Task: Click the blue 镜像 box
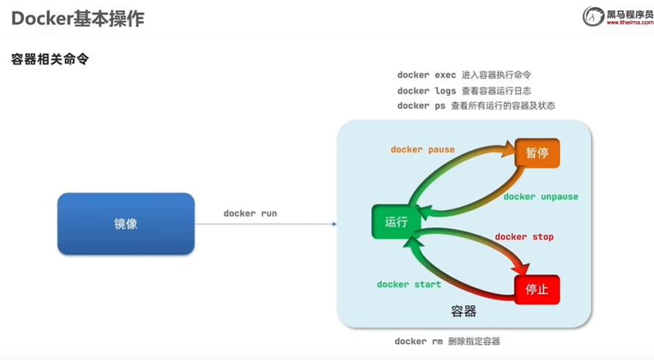(x=126, y=224)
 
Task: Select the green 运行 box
(x=396, y=222)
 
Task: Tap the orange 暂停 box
(x=537, y=153)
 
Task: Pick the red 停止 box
(x=537, y=290)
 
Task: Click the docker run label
(x=250, y=214)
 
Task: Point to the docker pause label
(x=422, y=149)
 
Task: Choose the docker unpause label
(x=541, y=197)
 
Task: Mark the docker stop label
(x=524, y=237)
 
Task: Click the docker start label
(x=409, y=284)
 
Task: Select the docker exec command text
(x=426, y=75)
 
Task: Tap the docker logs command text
(x=426, y=91)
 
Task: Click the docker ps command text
(x=421, y=106)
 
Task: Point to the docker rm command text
(x=418, y=342)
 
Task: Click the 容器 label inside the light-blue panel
(x=464, y=311)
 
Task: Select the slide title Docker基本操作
(x=78, y=18)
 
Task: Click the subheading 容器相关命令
(x=50, y=59)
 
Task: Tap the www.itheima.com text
(x=629, y=23)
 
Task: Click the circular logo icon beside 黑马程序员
(x=593, y=15)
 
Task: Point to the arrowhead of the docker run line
(x=334, y=224)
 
